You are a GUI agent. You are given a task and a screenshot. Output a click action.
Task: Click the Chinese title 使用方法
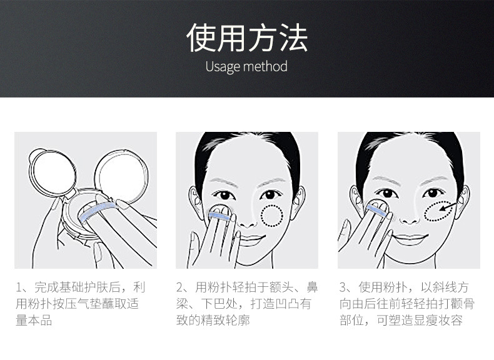(x=247, y=37)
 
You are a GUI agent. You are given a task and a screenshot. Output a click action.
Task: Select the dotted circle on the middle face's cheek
(x=272, y=216)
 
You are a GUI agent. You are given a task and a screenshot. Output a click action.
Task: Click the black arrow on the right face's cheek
(x=447, y=207)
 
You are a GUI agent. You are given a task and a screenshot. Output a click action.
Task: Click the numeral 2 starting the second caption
(x=179, y=287)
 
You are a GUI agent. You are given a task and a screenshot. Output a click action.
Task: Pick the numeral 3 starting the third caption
(x=343, y=287)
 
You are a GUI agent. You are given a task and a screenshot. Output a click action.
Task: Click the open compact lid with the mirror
(x=53, y=173)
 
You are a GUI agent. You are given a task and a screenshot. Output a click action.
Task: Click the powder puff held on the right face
(x=378, y=207)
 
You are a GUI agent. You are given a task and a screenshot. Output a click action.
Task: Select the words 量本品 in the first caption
(x=34, y=321)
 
